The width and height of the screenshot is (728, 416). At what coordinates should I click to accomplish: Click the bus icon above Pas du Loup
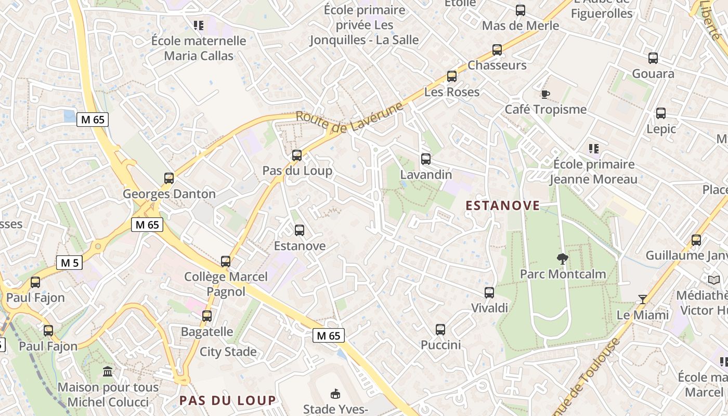[297, 155]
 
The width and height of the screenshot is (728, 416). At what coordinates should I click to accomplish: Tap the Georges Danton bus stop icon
[169, 178]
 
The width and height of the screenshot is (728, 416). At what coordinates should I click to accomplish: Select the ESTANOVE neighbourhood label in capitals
[502, 206]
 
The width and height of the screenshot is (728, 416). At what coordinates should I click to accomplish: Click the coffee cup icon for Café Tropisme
[545, 94]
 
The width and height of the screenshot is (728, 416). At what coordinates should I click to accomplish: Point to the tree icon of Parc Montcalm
[562, 258]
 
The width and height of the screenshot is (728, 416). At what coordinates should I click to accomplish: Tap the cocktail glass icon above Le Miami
[643, 299]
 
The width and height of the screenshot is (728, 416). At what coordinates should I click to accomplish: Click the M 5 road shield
[69, 263]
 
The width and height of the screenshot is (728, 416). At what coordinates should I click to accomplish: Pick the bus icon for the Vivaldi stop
[489, 292]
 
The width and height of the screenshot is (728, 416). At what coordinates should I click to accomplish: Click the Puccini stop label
[441, 345]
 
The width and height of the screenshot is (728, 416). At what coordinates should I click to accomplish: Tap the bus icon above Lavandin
[426, 159]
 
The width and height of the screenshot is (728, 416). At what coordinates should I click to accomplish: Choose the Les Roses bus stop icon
[452, 76]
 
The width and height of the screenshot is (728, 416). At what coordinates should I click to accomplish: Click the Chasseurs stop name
[497, 66]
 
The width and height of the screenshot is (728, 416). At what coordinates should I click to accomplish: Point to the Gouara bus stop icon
[653, 58]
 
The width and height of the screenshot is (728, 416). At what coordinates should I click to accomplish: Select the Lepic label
[661, 129]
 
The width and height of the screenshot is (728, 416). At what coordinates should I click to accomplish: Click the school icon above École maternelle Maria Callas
[198, 25]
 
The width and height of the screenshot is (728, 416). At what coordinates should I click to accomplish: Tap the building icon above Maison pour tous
[108, 371]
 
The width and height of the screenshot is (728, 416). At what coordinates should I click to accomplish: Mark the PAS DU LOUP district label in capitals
[228, 400]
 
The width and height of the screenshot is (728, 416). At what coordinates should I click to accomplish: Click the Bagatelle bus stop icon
[207, 316]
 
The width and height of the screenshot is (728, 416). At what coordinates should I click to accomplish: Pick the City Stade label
[228, 352]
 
